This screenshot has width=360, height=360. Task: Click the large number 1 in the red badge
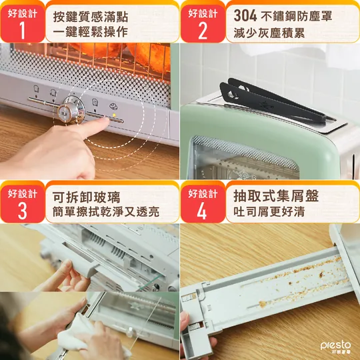(23, 31)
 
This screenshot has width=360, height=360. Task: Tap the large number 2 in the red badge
(203, 31)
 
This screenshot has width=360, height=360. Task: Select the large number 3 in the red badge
(22, 211)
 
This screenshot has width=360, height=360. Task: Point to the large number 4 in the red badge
(202, 211)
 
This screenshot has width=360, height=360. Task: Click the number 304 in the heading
(245, 16)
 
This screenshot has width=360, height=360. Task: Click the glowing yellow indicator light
(114, 114)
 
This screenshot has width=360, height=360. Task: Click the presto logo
(335, 347)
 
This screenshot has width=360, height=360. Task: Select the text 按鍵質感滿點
(91, 17)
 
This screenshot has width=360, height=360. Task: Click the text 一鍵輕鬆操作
(91, 32)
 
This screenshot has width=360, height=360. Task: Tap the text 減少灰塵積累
(269, 33)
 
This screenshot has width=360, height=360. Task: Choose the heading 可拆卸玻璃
(86, 197)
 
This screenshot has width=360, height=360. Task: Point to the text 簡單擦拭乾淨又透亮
(106, 212)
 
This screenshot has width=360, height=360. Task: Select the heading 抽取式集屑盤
(276, 195)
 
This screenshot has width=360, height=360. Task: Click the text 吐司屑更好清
(269, 211)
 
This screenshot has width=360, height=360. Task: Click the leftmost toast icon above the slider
(36, 89)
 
